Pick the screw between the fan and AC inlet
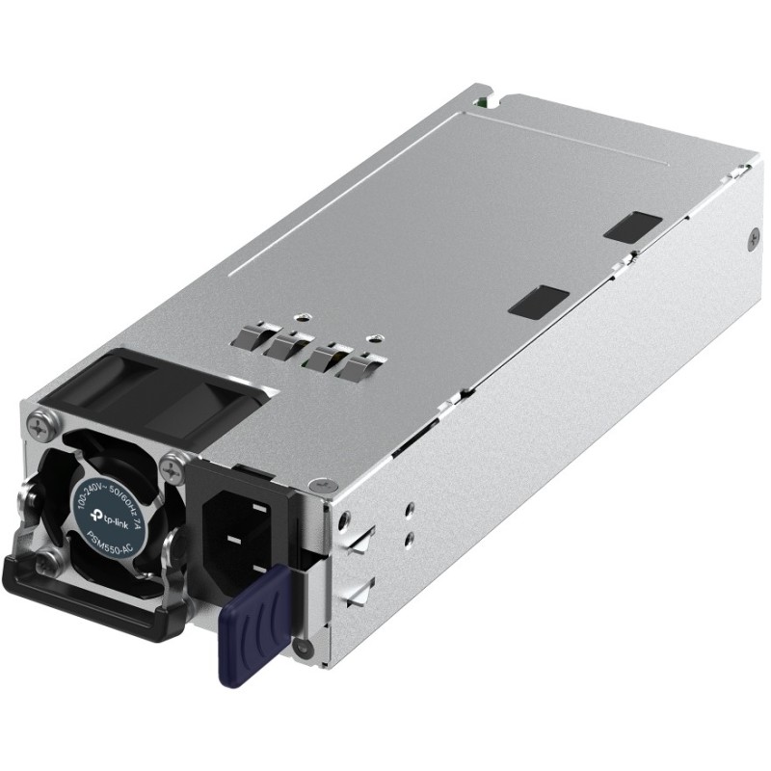(x=173, y=471)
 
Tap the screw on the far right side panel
(x=753, y=232)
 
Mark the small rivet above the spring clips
(x=304, y=313)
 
